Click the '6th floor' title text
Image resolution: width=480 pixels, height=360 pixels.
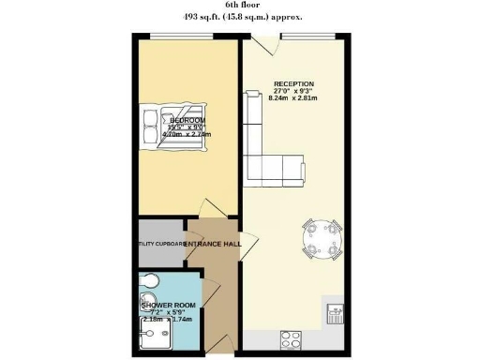click(239, 6)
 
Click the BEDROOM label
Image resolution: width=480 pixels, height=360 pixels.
click(187, 120)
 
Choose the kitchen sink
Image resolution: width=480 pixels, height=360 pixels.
click(335, 313)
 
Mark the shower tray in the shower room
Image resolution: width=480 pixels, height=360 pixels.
click(152, 336)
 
